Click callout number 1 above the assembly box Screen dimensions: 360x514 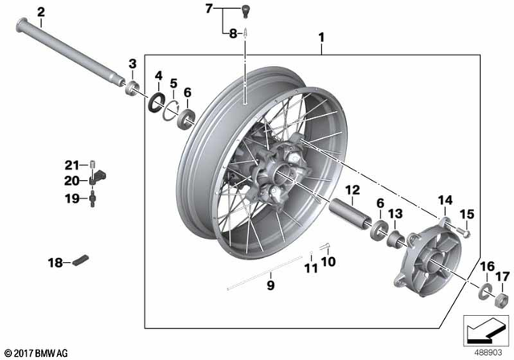(322, 37)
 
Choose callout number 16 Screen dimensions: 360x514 (487, 266)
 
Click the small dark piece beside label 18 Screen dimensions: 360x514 (81, 260)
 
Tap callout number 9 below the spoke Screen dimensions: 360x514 (271, 284)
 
